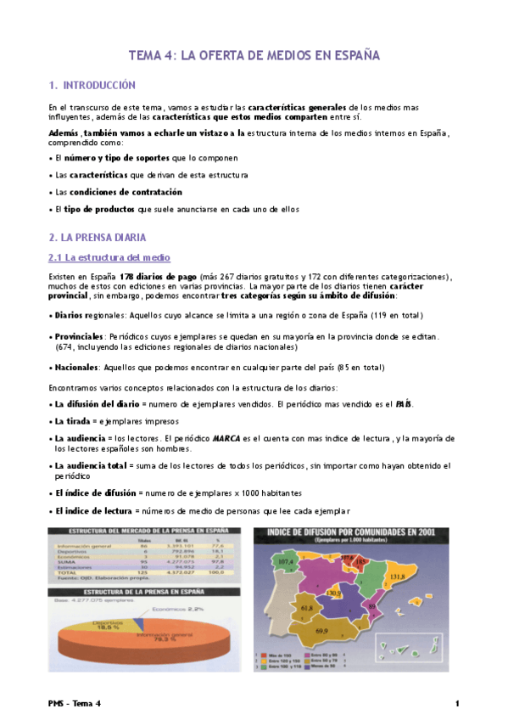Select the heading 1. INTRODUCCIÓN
[x=92, y=86]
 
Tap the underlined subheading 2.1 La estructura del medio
[x=109, y=257]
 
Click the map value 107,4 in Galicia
[x=286, y=561]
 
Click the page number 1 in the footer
[x=457, y=704]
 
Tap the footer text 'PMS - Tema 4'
[x=75, y=704]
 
